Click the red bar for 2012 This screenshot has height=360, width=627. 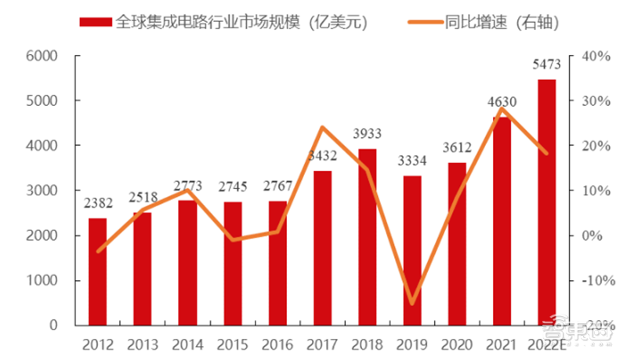coord(97,271)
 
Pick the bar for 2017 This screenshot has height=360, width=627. coord(322,248)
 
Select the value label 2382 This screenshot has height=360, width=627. coord(97,203)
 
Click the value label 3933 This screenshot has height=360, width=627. coord(368,134)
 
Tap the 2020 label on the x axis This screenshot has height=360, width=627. coord(458,344)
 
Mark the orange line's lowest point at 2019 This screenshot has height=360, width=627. coord(413,303)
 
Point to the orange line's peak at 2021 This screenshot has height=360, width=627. coord(502,108)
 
